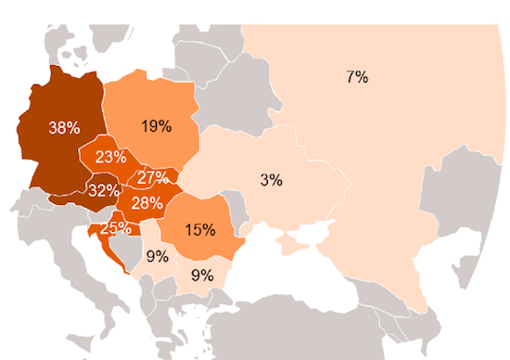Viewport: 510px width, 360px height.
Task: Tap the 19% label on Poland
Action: [155, 127]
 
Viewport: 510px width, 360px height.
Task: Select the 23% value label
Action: [109, 157]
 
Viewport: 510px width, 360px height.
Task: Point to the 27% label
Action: [152, 177]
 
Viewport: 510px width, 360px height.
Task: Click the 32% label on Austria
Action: [104, 190]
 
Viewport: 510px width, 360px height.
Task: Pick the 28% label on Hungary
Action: [147, 202]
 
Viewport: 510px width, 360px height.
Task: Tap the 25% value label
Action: [115, 227]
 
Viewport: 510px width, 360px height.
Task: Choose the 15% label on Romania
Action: [199, 229]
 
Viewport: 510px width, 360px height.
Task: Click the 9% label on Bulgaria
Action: [201, 275]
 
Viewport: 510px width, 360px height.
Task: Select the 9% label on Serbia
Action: [157, 256]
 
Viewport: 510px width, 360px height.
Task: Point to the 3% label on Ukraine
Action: [271, 180]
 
